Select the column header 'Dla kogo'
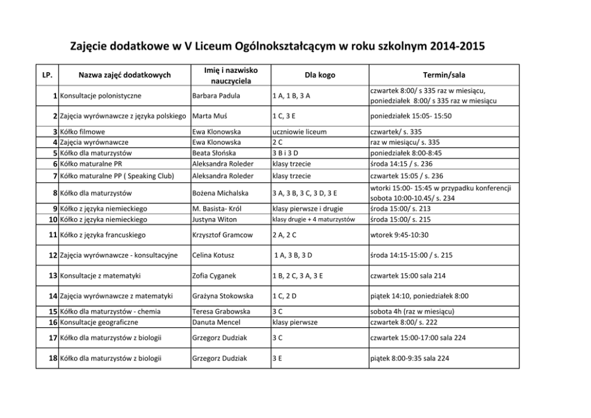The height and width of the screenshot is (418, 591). pos(320,75)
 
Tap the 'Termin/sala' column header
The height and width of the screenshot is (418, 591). pos(444,75)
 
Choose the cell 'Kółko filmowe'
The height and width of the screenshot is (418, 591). pos(82,131)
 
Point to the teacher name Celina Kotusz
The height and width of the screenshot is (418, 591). pos(213,255)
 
